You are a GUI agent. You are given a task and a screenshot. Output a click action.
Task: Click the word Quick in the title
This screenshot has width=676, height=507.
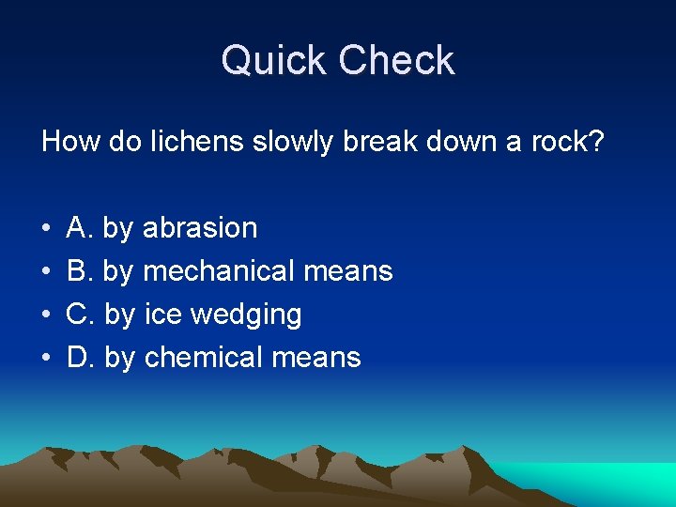tap(274, 62)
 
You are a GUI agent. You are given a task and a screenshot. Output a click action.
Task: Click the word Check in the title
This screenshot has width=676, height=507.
tap(396, 62)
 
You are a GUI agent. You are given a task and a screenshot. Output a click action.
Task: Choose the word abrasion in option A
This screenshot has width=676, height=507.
tap(199, 227)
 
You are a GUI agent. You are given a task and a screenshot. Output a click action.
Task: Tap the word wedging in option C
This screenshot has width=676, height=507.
tap(246, 315)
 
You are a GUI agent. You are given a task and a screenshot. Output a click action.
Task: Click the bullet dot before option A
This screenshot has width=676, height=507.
tap(46, 228)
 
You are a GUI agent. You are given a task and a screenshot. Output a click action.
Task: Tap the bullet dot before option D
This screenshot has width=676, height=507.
tap(46, 358)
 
